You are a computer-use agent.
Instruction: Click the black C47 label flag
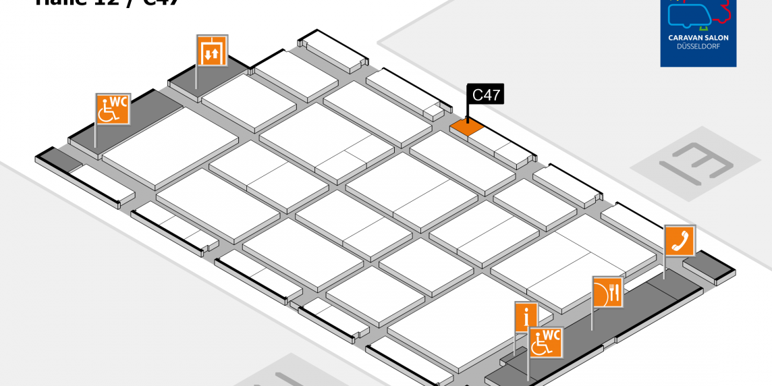(485, 95)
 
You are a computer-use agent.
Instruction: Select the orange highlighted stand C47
(467, 126)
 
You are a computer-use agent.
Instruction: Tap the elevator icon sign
(212, 52)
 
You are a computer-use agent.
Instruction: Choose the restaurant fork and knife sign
(607, 292)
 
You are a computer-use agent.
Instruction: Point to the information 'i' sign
(526, 316)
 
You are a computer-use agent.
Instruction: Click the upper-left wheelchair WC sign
(112, 110)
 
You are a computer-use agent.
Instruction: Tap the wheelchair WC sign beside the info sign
(545, 342)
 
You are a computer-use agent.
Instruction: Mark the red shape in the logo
(726, 12)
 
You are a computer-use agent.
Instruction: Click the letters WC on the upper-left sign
(119, 102)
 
